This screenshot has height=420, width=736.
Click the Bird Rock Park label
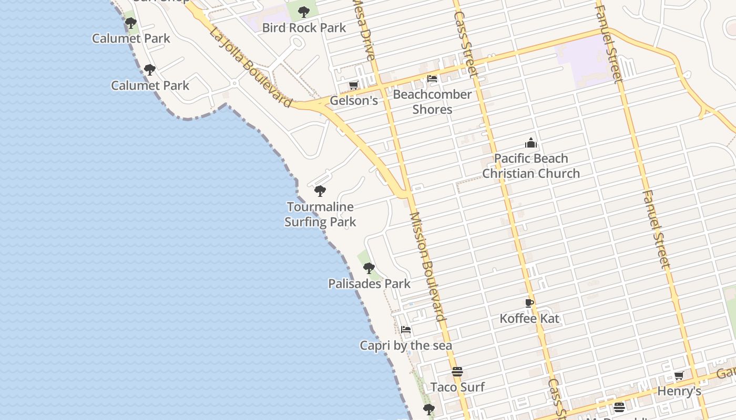(x=304, y=28)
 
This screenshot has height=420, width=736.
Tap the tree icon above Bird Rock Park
(x=304, y=12)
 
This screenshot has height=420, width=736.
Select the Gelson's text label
(x=354, y=100)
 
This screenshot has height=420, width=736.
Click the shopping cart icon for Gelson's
(x=353, y=85)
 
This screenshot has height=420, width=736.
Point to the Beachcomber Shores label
(x=432, y=102)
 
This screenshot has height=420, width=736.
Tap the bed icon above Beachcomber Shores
(x=432, y=79)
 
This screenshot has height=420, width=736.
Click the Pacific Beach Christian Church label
(x=531, y=166)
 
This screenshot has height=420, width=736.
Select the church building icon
(x=531, y=143)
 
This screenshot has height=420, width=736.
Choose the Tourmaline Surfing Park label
(x=320, y=214)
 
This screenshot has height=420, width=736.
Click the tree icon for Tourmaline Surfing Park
(x=320, y=191)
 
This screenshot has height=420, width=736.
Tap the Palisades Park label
(x=369, y=284)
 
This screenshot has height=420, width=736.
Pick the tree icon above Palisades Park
(x=369, y=268)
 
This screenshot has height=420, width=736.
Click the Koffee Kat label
(x=529, y=319)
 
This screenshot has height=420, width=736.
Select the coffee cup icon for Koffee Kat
(x=529, y=303)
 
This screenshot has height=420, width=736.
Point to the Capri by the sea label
(x=406, y=345)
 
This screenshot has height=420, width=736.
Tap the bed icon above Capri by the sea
(x=406, y=330)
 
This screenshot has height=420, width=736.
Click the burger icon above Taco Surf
(x=457, y=372)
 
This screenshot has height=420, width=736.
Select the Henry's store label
(x=679, y=392)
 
